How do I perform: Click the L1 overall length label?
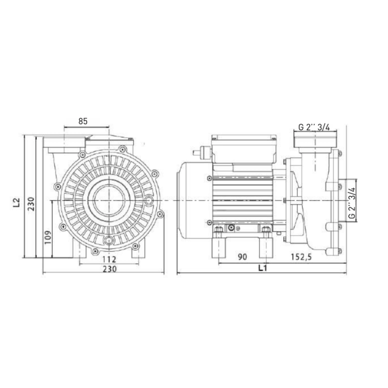(261, 268)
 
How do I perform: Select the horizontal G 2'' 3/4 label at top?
(313, 128)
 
